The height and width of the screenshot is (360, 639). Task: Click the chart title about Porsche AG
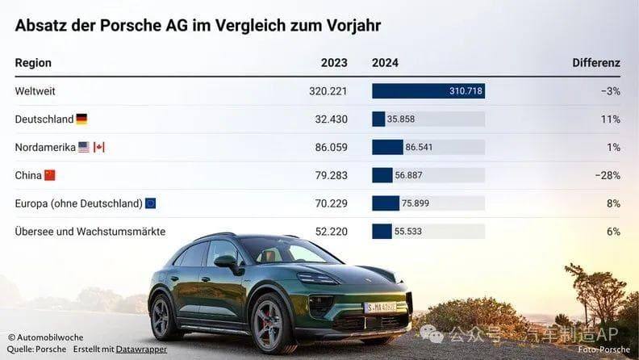(x=198, y=25)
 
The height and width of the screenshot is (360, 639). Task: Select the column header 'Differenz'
(x=595, y=63)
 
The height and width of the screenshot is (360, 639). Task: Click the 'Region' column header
(x=33, y=63)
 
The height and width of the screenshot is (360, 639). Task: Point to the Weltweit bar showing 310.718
(x=428, y=91)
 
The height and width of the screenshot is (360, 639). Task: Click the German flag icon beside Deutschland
(x=81, y=119)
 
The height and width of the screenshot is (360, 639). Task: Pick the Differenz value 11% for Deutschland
(x=610, y=119)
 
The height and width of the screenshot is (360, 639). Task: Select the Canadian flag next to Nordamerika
(x=99, y=147)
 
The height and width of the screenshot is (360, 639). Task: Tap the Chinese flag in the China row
(x=50, y=175)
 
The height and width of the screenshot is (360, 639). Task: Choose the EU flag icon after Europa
(x=150, y=203)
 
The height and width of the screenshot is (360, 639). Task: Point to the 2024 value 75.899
(x=417, y=203)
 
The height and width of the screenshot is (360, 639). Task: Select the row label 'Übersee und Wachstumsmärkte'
(x=90, y=232)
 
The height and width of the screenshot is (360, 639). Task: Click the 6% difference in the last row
(x=613, y=232)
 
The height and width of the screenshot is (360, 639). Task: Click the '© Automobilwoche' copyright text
(x=46, y=337)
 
